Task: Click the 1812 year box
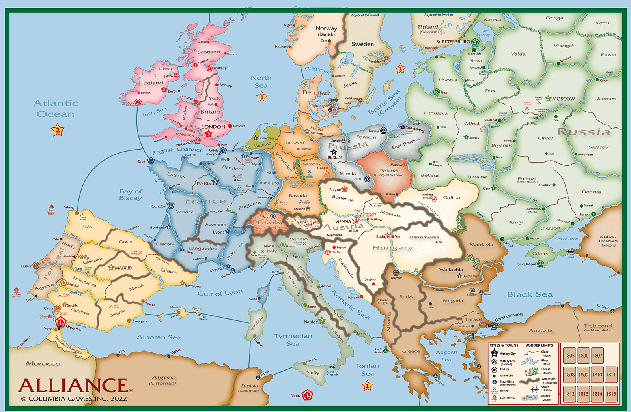(x=569, y=394)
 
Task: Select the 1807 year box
(x=597, y=355)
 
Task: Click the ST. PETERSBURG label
(x=453, y=41)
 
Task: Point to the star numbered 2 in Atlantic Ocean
(x=58, y=130)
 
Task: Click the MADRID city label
(x=123, y=268)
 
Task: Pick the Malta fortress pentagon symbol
(x=307, y=395)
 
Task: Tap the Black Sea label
(x=530, y=294)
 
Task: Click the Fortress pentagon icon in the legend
(x=494, y=369)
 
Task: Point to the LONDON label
(x=213, y=127)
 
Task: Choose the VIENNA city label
(x=343, y=221)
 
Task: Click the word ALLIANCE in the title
(x=73, y=386)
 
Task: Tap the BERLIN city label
(x=334, y=157)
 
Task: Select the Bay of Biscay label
(x=131, y=195)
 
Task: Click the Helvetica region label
(x=270, y=223)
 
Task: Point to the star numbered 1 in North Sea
(x=262, y=96)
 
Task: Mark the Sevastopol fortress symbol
(x=540, y=264)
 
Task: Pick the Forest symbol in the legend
(x=531, y=371)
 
